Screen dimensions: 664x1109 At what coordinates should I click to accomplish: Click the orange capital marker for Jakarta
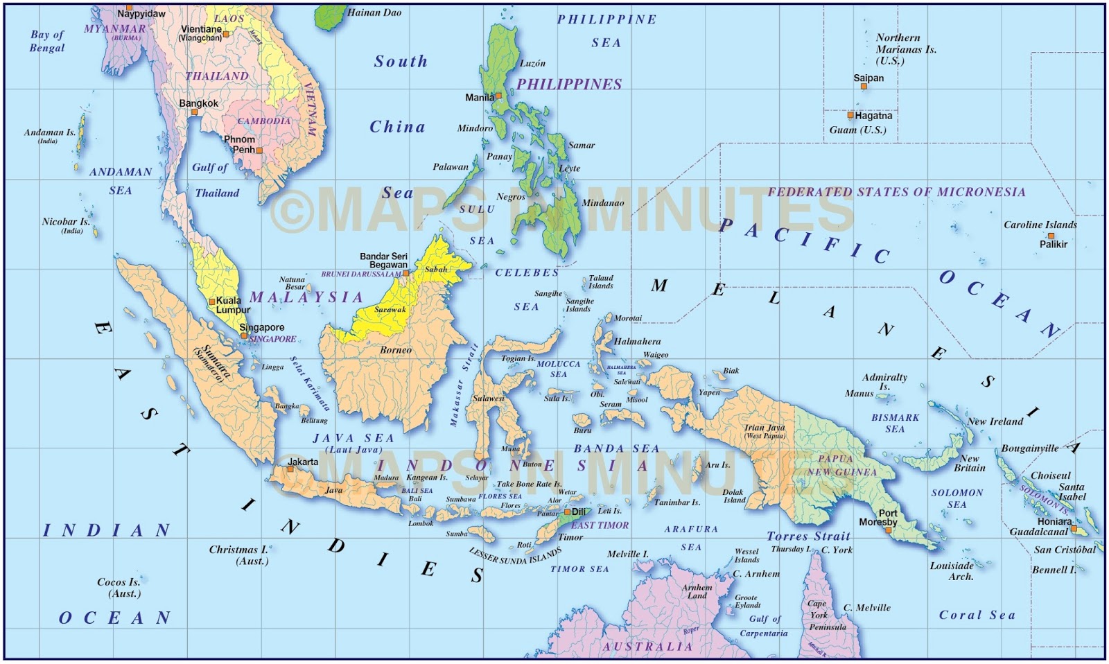[x=290, y=469]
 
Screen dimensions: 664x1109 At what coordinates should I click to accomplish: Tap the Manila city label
[x=479, y=98]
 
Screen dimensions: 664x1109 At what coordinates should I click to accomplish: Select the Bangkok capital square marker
[x=195, y=112]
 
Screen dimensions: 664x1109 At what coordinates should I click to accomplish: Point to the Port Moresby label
[x=878, y=518]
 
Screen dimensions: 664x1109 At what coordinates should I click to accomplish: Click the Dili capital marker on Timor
[x=568, y=512]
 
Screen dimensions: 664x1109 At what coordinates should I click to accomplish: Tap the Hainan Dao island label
[x=374, y=12]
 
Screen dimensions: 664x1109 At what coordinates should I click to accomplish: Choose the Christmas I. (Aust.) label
[x=238, y=554]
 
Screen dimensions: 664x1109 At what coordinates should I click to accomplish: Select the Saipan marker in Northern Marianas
[x=864, y=87]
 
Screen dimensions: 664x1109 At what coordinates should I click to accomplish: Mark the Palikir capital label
[x=1053, y=244]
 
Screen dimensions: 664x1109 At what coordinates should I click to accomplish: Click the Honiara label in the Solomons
[x=1054, y=521]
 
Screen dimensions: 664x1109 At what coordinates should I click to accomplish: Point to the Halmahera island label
[x=637, y=341]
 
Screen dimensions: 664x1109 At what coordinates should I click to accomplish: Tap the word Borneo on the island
[x=396, y=350]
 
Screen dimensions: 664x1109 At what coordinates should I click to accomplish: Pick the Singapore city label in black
[x=262, y=327]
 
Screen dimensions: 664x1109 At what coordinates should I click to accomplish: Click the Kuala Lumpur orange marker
[x=212, y=302]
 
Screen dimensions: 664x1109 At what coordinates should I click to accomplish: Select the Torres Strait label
[x=808, y=536]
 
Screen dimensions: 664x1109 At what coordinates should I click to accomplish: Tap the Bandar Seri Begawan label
[x=383, y=261]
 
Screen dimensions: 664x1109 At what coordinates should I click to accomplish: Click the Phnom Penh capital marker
[x=259, y=150]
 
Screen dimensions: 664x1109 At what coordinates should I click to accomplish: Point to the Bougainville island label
[x=1029, y=448]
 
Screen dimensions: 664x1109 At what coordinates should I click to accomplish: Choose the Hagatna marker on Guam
[x=850, y=115]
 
